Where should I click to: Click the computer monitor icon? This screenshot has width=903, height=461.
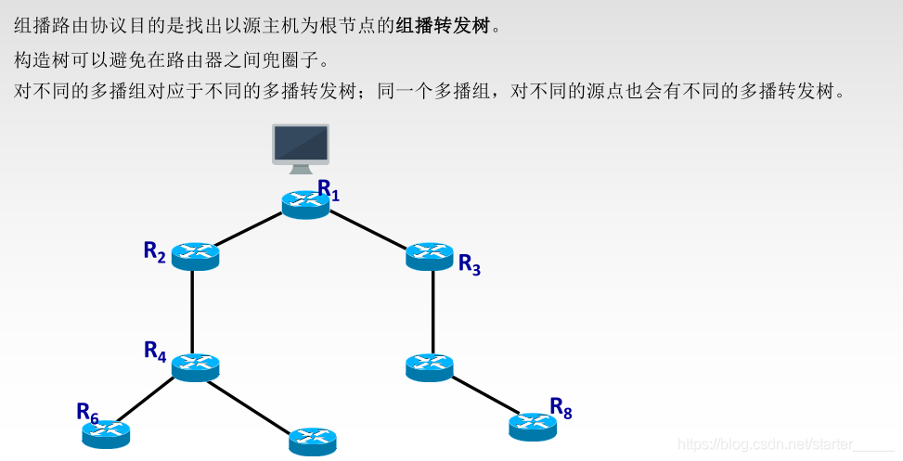pos(300,147)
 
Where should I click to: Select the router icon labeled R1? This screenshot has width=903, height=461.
pos(305,204)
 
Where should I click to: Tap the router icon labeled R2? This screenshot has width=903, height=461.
pos(195,255)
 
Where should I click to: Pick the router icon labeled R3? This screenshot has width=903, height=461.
pos(430,255)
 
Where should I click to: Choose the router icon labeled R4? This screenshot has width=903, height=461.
pos(195,366)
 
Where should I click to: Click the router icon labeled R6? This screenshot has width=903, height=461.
pos(107,433)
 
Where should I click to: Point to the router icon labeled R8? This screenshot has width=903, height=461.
pos(533,426)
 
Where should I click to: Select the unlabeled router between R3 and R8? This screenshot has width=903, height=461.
pos(430,366)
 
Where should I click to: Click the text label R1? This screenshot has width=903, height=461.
pos(329,190)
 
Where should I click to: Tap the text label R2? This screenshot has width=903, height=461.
pos(154,251)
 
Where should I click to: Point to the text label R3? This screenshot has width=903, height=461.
pos(470,264)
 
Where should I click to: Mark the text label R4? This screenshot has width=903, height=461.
pos(154,351)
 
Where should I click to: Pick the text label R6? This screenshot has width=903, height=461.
pos(87,412)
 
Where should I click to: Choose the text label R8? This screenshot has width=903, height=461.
pos(561,407)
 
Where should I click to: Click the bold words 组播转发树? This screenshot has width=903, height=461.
pos(442,25)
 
